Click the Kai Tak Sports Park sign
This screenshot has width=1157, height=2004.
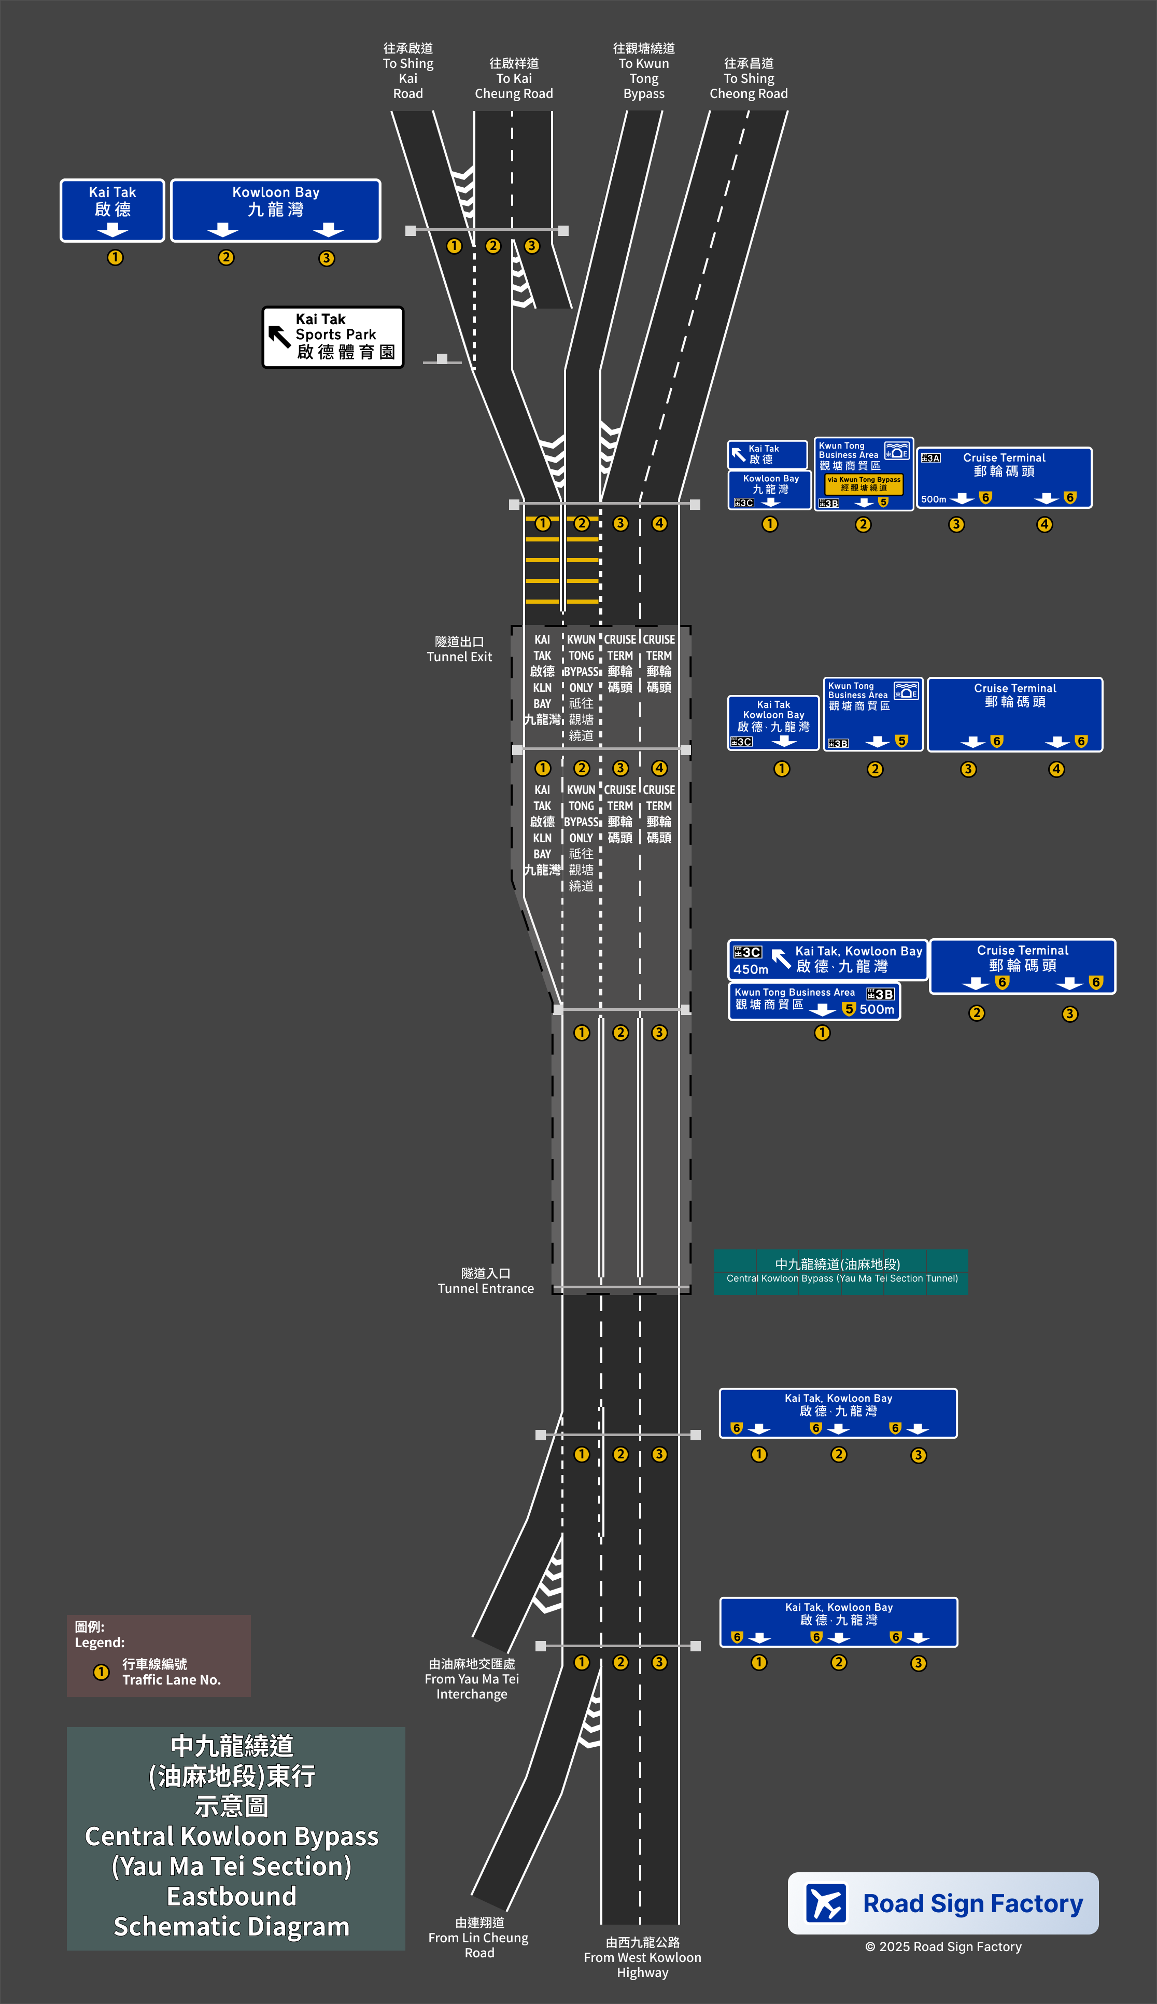[333, 337]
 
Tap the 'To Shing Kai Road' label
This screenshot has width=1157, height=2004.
[407, 72]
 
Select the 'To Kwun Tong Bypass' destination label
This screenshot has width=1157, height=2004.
[644, 72]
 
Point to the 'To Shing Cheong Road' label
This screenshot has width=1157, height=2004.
[749, 79]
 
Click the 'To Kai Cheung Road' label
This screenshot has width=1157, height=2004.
[513, 79]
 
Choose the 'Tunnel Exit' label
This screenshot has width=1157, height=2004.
[459, 649]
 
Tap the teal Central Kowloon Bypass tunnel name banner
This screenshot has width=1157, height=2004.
[840, 1271]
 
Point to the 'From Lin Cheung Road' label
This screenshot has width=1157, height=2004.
[478, 1937]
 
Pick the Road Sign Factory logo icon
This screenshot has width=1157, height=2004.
[826, 1903]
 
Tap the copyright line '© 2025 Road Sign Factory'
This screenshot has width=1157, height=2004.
[943, 1946]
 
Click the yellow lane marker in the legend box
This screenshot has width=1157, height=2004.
[101, 1672]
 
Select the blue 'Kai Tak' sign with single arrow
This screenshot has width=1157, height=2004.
[112, 211]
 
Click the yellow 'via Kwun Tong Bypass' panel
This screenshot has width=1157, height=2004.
[864, 483]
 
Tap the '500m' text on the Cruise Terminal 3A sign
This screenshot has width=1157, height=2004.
[934, 499]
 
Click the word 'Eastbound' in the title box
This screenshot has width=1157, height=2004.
[231, 1896]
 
